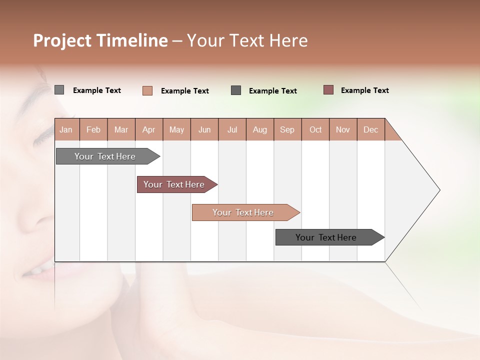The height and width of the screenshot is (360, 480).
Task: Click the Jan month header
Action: [66, 129]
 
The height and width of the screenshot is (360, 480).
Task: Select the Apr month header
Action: [148, 129]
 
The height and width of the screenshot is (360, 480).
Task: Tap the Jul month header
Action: [232, 129]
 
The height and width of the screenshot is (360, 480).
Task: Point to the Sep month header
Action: [287, 129]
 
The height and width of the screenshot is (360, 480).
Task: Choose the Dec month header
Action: [370, 129]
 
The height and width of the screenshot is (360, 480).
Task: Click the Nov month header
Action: [342, 129]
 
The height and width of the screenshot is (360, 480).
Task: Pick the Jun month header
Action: [204, 129]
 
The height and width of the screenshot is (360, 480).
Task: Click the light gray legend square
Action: [59, 90]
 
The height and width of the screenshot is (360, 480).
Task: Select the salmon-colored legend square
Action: [147, 90]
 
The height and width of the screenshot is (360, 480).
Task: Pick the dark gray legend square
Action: [236, 90]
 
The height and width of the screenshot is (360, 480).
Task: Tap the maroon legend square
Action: [328, 90]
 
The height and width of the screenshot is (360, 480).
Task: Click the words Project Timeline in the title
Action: [100, 40]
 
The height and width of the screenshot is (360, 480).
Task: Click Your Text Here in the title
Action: [247, 40]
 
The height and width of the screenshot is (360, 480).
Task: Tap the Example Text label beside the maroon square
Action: [364, 90]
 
